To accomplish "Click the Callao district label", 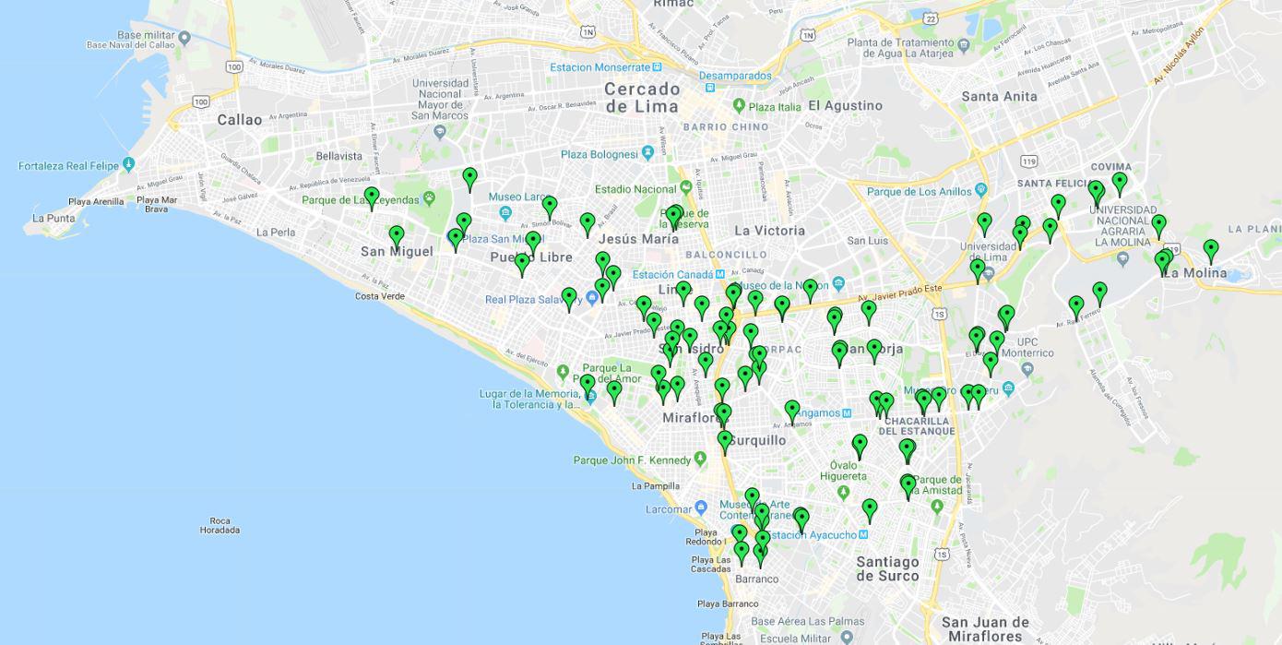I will click(240, 120).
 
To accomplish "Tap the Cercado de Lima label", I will click(643, 97).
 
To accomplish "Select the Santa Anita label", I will click(999, 96).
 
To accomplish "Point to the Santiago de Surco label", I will click(887, 568).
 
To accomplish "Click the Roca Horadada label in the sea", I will click(220, 525).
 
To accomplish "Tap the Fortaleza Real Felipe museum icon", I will click(128, 164).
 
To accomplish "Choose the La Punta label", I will click(53, 219).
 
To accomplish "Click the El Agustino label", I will click(845, 105).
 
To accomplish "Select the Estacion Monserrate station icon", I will click(657, 66).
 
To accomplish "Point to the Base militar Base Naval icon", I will click(184, 38).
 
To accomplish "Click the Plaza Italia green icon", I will click(739, 106).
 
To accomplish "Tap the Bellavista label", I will click(339, 156).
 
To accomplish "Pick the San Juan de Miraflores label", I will click(985, 628).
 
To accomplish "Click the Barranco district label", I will click(756, 579).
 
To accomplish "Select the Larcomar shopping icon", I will click(701, 508).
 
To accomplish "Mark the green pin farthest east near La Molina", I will click(1211, 249).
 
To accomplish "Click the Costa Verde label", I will click(380, 296).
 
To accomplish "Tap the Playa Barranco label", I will click(728, 604).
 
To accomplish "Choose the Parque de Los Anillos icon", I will click(980, 191).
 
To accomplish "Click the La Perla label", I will click(276, 233).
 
